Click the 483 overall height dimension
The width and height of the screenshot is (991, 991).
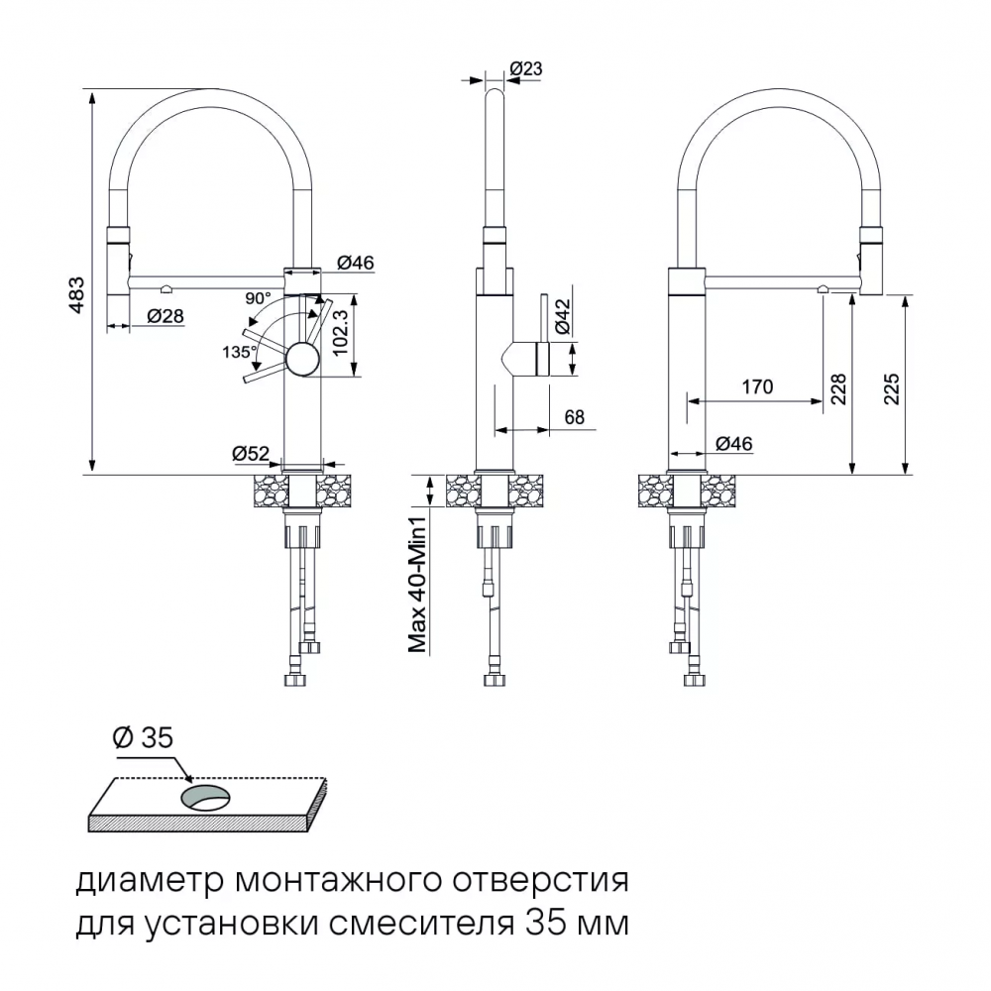coord(76,294)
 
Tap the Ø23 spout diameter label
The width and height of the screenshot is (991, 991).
coord(525,68)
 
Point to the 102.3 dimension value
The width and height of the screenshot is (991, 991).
coord(341,333)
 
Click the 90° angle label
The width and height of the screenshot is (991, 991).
coord(258,297)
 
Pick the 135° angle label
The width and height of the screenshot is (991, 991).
coord(240,352)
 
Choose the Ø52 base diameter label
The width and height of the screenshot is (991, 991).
coord(251,453)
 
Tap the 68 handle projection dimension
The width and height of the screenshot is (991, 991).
coord(574,417)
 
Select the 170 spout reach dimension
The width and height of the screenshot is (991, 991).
coord(757,386)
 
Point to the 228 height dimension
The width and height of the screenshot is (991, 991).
coord(838,389)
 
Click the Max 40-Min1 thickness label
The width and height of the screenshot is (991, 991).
coord(418,585)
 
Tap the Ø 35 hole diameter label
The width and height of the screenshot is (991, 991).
coord(143,737)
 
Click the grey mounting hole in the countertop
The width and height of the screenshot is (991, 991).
coord(206,796)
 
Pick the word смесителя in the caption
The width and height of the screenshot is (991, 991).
coord(421,925)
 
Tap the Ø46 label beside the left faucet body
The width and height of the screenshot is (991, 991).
coord(355,262)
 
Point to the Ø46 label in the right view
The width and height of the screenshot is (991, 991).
coord(734,444)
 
